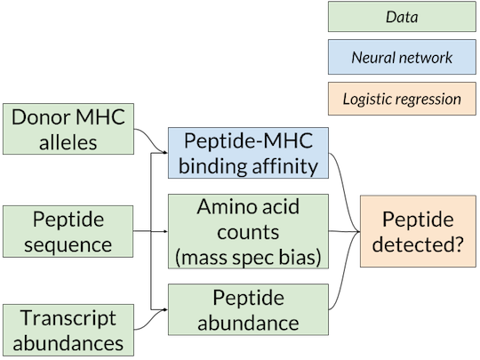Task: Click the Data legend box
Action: point(402,17)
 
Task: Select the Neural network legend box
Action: point(402,57)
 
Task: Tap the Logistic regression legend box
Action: point(402,99)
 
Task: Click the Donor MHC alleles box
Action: point(68,129)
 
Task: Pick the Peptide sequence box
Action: point(68,231)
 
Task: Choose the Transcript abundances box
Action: point(68,330)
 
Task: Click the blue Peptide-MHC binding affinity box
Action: point(248,153)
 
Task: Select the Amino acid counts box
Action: point(248,231)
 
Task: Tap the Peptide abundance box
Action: point(248,309)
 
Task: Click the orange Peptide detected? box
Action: point(418,231)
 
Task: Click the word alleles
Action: point(68,142)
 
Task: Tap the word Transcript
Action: point(68,318)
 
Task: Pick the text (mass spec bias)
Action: point(248,258)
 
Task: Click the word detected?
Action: point(418,244)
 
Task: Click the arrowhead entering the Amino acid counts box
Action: point(165,231)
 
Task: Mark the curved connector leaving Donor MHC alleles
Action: point(150,140)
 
